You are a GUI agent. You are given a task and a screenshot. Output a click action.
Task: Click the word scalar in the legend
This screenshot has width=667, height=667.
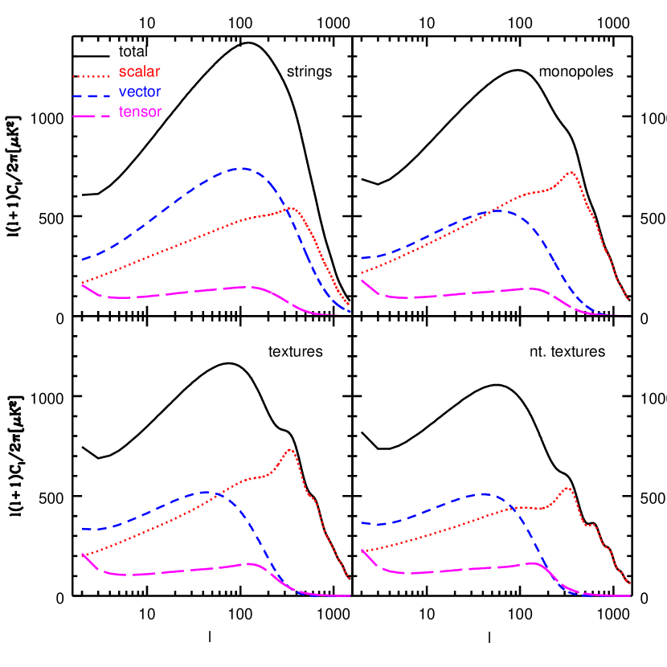pyautogui.click(x=140, y=72)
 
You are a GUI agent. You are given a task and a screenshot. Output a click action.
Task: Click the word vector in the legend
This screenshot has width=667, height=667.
pyautogui.click(x=140, y=92)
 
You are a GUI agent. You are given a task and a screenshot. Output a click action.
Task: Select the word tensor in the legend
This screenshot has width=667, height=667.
pyautogui.click(x=141, y=113)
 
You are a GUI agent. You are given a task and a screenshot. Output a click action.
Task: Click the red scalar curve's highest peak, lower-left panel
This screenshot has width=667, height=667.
pyautogui.click(x=290, y=449)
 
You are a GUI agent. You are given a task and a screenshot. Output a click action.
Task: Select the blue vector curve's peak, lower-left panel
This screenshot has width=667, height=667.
pyautogui.click(x=205, y=491)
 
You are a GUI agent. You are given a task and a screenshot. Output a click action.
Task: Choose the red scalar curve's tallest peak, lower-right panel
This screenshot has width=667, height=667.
pyautogui.click(x=567, y=488)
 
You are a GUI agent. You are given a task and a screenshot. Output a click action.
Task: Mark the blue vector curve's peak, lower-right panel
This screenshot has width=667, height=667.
pyautogui.click(x=485, y=494)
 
